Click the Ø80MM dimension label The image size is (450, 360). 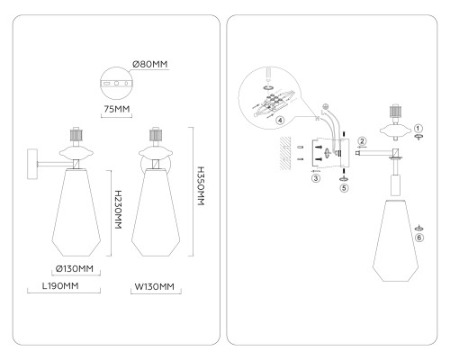[x=150, y=64]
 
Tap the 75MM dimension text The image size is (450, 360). [x=117, y=109]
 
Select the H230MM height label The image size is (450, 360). [x=119, y=210]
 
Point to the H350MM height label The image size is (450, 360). [x=201, y=186]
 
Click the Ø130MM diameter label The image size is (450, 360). [x=75, y=268]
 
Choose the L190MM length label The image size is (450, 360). [x=60, y=286]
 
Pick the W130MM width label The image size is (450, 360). [x=154, y=286]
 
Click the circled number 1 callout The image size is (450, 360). [x=418, y=129]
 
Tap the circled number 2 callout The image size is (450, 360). [x=362, y=141]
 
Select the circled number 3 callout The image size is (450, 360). [x=316, y=178]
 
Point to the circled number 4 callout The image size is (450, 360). [x=280, y=121]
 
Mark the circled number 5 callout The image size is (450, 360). [x=344, y=188]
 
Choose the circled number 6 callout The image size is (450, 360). [x=419, y=238]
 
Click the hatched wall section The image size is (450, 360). [x=285, y=154]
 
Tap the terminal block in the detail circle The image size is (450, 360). [x=273, y=103]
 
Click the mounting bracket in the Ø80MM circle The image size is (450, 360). [x=116, y=83]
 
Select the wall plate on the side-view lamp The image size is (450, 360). [x=32, y=164]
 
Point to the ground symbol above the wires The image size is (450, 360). [x=326, y=106]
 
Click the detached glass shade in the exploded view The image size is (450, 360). [x=395, y=240]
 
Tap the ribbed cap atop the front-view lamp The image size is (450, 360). [x=156, y=135]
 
